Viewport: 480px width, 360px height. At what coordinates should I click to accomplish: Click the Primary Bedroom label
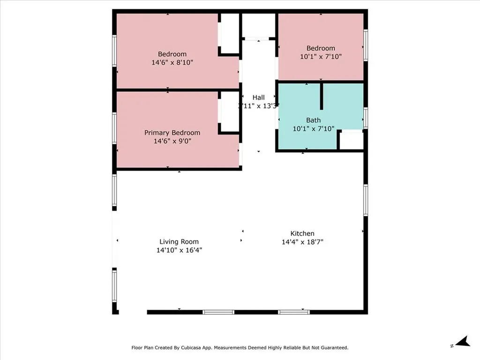(172, 133)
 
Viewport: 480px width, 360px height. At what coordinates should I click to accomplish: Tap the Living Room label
(179, 242)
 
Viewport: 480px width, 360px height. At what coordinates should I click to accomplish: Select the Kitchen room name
(302, 233)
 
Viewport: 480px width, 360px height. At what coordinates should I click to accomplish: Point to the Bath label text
(314, 120)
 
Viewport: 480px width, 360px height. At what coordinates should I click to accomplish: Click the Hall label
(258, 97)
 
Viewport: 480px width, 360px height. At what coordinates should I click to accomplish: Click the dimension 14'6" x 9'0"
(172, 141)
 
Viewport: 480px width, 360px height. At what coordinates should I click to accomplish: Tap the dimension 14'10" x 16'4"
(179, 250)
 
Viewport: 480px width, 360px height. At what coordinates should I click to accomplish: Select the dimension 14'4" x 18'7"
(302, 242)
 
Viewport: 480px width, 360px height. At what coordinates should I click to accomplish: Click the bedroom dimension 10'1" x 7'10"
(321, 56)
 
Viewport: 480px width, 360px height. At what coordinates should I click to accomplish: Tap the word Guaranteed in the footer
(331, 348)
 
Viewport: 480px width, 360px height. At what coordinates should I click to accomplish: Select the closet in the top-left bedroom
(230, 33)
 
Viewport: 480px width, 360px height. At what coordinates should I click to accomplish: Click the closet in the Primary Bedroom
(230, 112)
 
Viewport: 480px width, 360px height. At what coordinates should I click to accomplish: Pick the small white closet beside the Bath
(351, 141)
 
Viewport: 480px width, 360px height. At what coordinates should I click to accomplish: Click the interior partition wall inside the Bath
(322, 96)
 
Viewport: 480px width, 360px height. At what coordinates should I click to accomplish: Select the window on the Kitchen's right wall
(366, 200)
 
